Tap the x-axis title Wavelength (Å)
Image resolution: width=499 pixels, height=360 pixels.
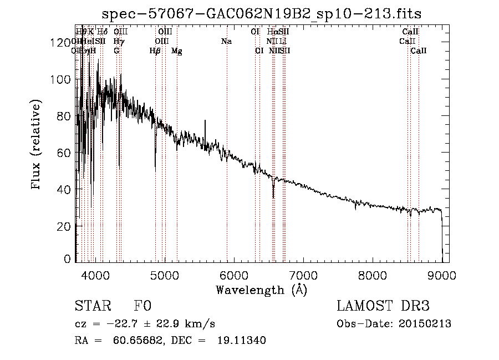pyautogui.click(x=262, y=290)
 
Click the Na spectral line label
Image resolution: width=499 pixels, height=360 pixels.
pyautogui.click(x=226, y=42)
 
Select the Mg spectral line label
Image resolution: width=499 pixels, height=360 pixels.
pyautogui.click(x=176, y=51)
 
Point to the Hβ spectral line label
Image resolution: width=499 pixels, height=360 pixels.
pyautogui.click(x=155, y=51)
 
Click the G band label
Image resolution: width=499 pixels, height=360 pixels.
pyautogui.click(x=116, y=51)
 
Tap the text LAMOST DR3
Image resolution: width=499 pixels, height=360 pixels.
pyautogui.click(x=383, y=306)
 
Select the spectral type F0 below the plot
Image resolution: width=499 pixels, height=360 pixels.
pyautogui.click(x=142, y=306)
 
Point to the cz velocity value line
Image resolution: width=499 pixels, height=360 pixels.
pyautogui.click(x=145, y=324)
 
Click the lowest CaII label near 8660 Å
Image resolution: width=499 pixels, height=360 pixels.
pyautogui.click(x=419, y=51)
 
